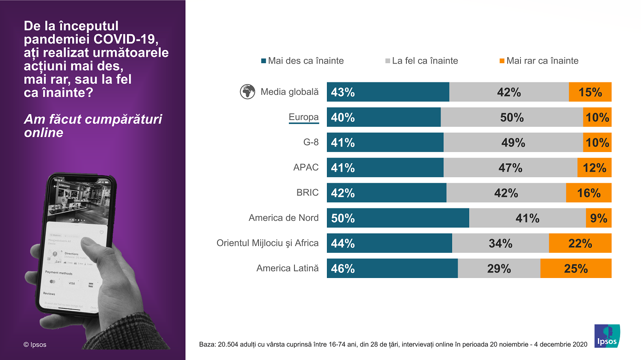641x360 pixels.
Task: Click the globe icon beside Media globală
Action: point(247,92)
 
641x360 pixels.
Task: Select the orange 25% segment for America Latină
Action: point(576,269)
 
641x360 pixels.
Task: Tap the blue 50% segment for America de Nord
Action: point(398,218)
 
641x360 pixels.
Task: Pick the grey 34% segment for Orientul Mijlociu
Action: point(500,243)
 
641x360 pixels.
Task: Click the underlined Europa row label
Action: point(303,117)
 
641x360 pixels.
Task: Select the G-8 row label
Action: point(311,142)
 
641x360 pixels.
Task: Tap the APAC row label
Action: point(306,167)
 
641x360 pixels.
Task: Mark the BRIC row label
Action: point(307,193)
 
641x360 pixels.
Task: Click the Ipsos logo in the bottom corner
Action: point(607,336)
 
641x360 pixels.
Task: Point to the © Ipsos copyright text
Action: point(35,345)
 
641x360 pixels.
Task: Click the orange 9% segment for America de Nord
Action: point(599,218)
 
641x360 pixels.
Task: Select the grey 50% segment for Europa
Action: point(512,117)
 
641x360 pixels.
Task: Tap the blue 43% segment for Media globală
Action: point(388,92)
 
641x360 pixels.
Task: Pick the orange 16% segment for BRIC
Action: point(588,193)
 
